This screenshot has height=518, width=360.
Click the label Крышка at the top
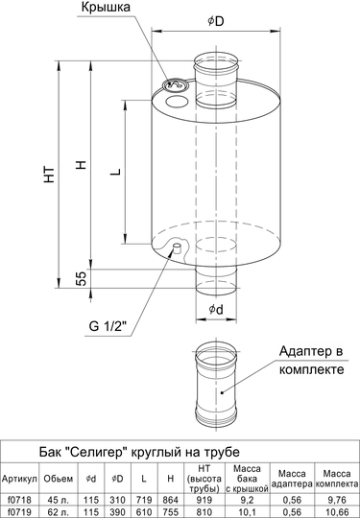pos(106,8)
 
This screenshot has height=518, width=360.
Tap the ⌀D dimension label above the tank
pos(216,21)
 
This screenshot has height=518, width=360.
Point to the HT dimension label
pos(50,175)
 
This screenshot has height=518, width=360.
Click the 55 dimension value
pos(81,277)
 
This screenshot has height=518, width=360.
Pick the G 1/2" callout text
pos(108,326)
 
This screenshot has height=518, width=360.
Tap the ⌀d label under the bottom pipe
pos(216,310)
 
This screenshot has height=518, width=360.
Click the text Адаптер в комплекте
pos(311,360)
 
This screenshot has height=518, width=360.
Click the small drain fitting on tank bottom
pos(178,247)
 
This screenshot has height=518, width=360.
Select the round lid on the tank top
pos(176,84)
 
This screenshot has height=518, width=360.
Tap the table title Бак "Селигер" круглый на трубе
pos(139,452)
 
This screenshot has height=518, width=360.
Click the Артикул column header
pos(19,479)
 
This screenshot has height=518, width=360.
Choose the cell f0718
pos(19,500)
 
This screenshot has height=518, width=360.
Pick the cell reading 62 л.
pos(59,512)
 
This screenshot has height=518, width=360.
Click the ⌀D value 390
pos(117,512)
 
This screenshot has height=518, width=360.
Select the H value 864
pos(170,500)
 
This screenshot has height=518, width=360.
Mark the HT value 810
pos(204,512)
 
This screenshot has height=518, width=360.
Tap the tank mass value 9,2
pos(247,500)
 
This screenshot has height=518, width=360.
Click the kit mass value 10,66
pos(336,512)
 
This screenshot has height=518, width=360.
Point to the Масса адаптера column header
pos(292,479)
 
